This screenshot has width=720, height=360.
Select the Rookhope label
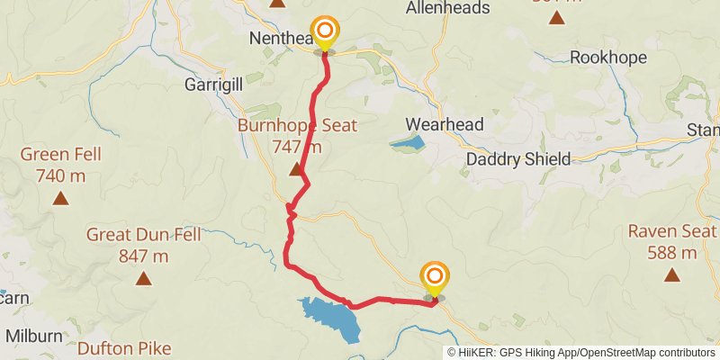coord(609,58)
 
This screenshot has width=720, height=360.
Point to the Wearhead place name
coord(445,124)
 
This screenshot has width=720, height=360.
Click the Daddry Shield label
coord(518,159)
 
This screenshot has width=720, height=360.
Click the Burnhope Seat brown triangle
coord(295,169)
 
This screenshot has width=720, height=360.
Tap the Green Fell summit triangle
coord(60,198)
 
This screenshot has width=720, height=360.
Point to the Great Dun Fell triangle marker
coord(143,278)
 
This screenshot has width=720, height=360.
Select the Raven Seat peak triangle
coord(672,274)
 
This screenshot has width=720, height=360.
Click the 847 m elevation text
coord(143,256)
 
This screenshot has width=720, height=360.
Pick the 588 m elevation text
coord(672,253)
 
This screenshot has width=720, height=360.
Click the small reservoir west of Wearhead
coord(407,142)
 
